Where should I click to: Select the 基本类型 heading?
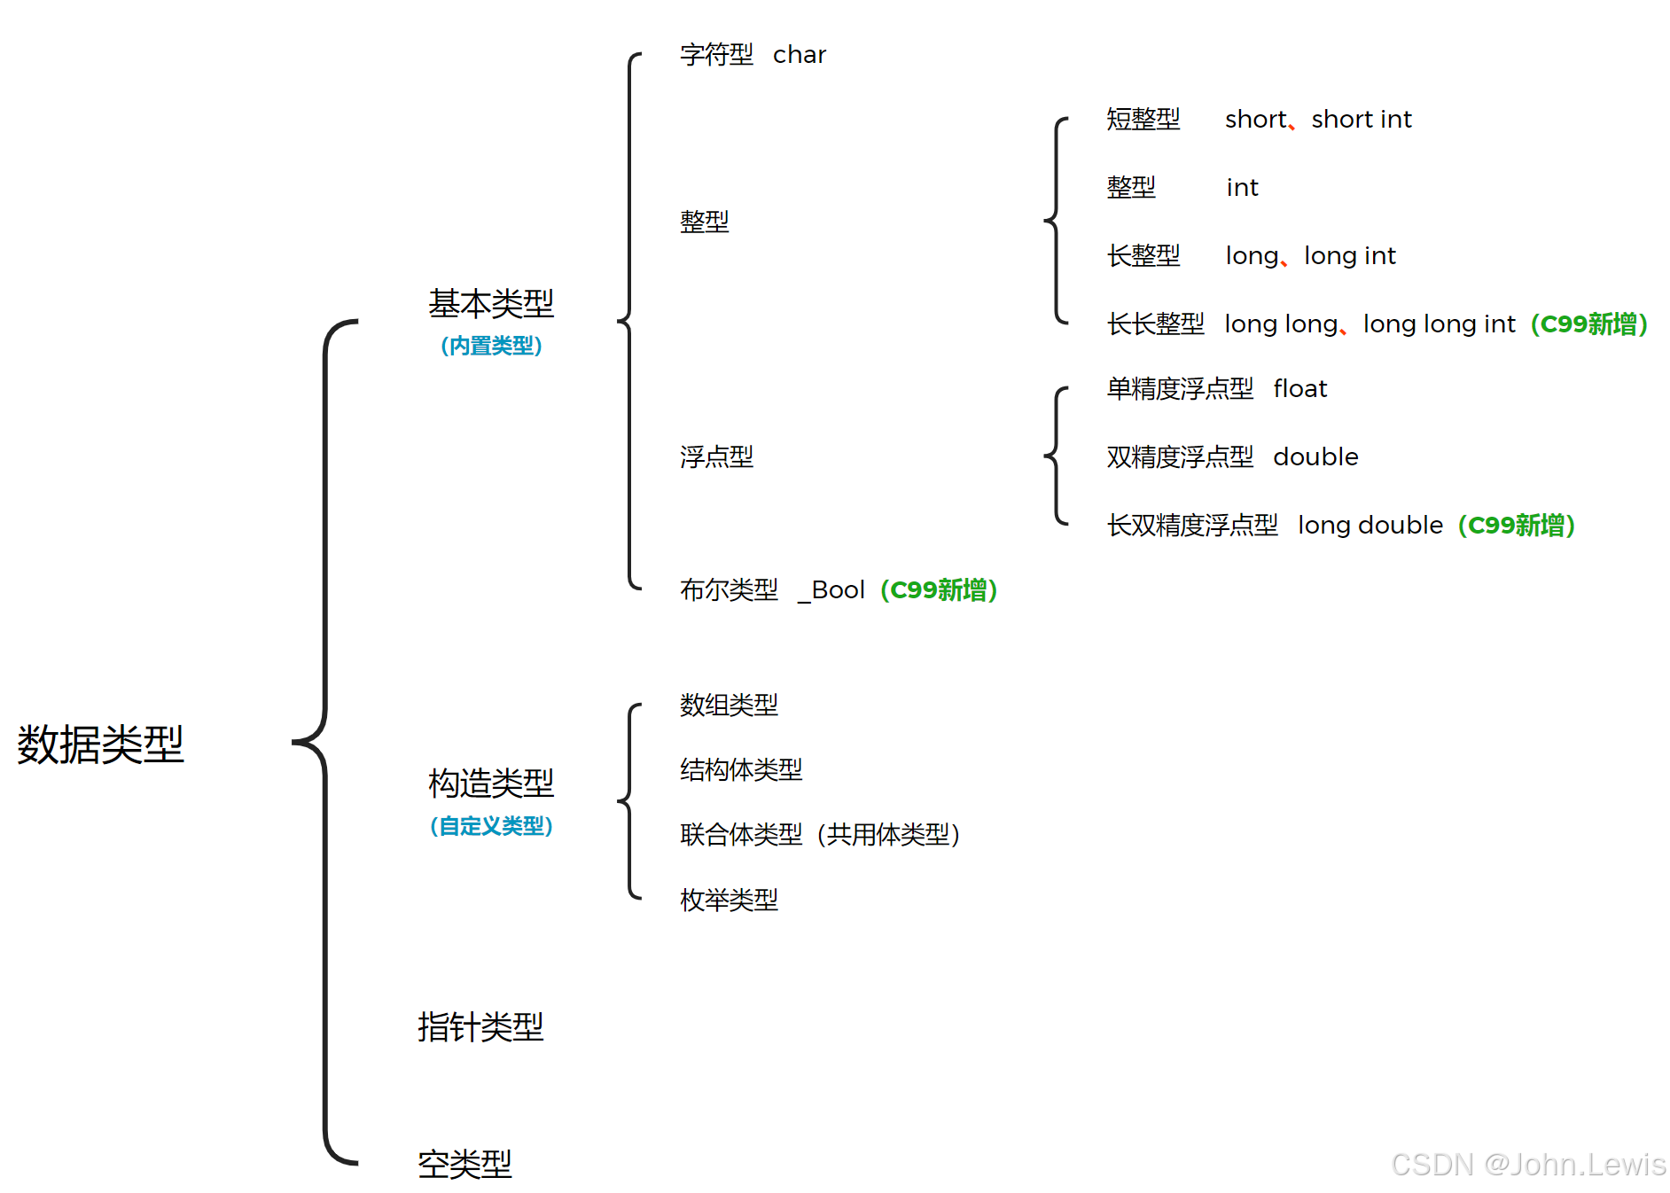click(491, 304)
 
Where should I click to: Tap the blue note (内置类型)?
click(491, 346)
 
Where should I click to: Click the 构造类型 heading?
click(491, 784)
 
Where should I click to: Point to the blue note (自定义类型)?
click(491, 826)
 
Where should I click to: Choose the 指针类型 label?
click(480, 1027)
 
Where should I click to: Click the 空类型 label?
click(464, 1164)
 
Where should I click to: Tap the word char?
click(799, 55)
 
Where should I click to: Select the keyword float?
click(1299, 389)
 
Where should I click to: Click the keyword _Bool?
click(831, 590)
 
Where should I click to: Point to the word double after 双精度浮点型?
click(1315, 457)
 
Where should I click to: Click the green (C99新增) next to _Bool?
click(939, 590)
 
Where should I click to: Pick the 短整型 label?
click(1143, 120)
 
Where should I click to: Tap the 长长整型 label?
click(1155, 324)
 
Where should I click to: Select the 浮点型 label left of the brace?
click(716, 457)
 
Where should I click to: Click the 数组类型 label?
click(729, 706)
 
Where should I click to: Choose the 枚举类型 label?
click(729, 901)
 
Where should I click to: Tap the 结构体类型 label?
click(741, 770)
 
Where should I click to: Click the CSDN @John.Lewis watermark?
click(1528, 1164)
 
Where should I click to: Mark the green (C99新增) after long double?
click(1516, 526)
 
